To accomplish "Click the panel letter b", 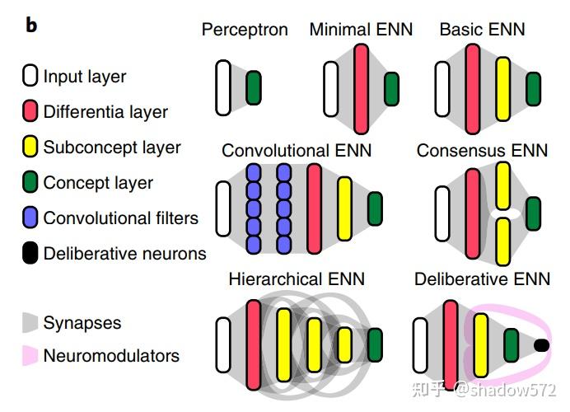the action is click(31, 26).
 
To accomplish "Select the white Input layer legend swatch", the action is click(30, 76).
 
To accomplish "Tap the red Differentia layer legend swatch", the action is click(30, 111).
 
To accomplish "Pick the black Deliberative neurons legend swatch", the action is click(30, 253).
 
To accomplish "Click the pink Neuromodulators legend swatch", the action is click(30, 355).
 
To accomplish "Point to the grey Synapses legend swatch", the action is click(30, 322).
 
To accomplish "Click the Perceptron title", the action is click(245, 30).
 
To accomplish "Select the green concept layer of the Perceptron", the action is click(254, 87).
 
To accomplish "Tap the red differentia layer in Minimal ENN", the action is click(362, 89).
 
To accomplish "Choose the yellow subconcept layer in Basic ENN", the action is click(502, 89).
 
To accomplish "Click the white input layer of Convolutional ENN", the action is click(223, 208).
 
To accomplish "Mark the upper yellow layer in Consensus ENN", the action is click(503, 186).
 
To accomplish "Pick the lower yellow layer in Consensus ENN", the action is click(503, 241).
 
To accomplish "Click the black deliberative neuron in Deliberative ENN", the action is click(541, 345).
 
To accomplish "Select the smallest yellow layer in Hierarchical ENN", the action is click(344, 344).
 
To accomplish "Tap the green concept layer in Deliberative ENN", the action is click(512, 345).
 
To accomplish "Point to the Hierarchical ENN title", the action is click(297, 279).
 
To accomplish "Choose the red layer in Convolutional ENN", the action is click(314, 208).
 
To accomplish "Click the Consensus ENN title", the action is click(482, 151).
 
